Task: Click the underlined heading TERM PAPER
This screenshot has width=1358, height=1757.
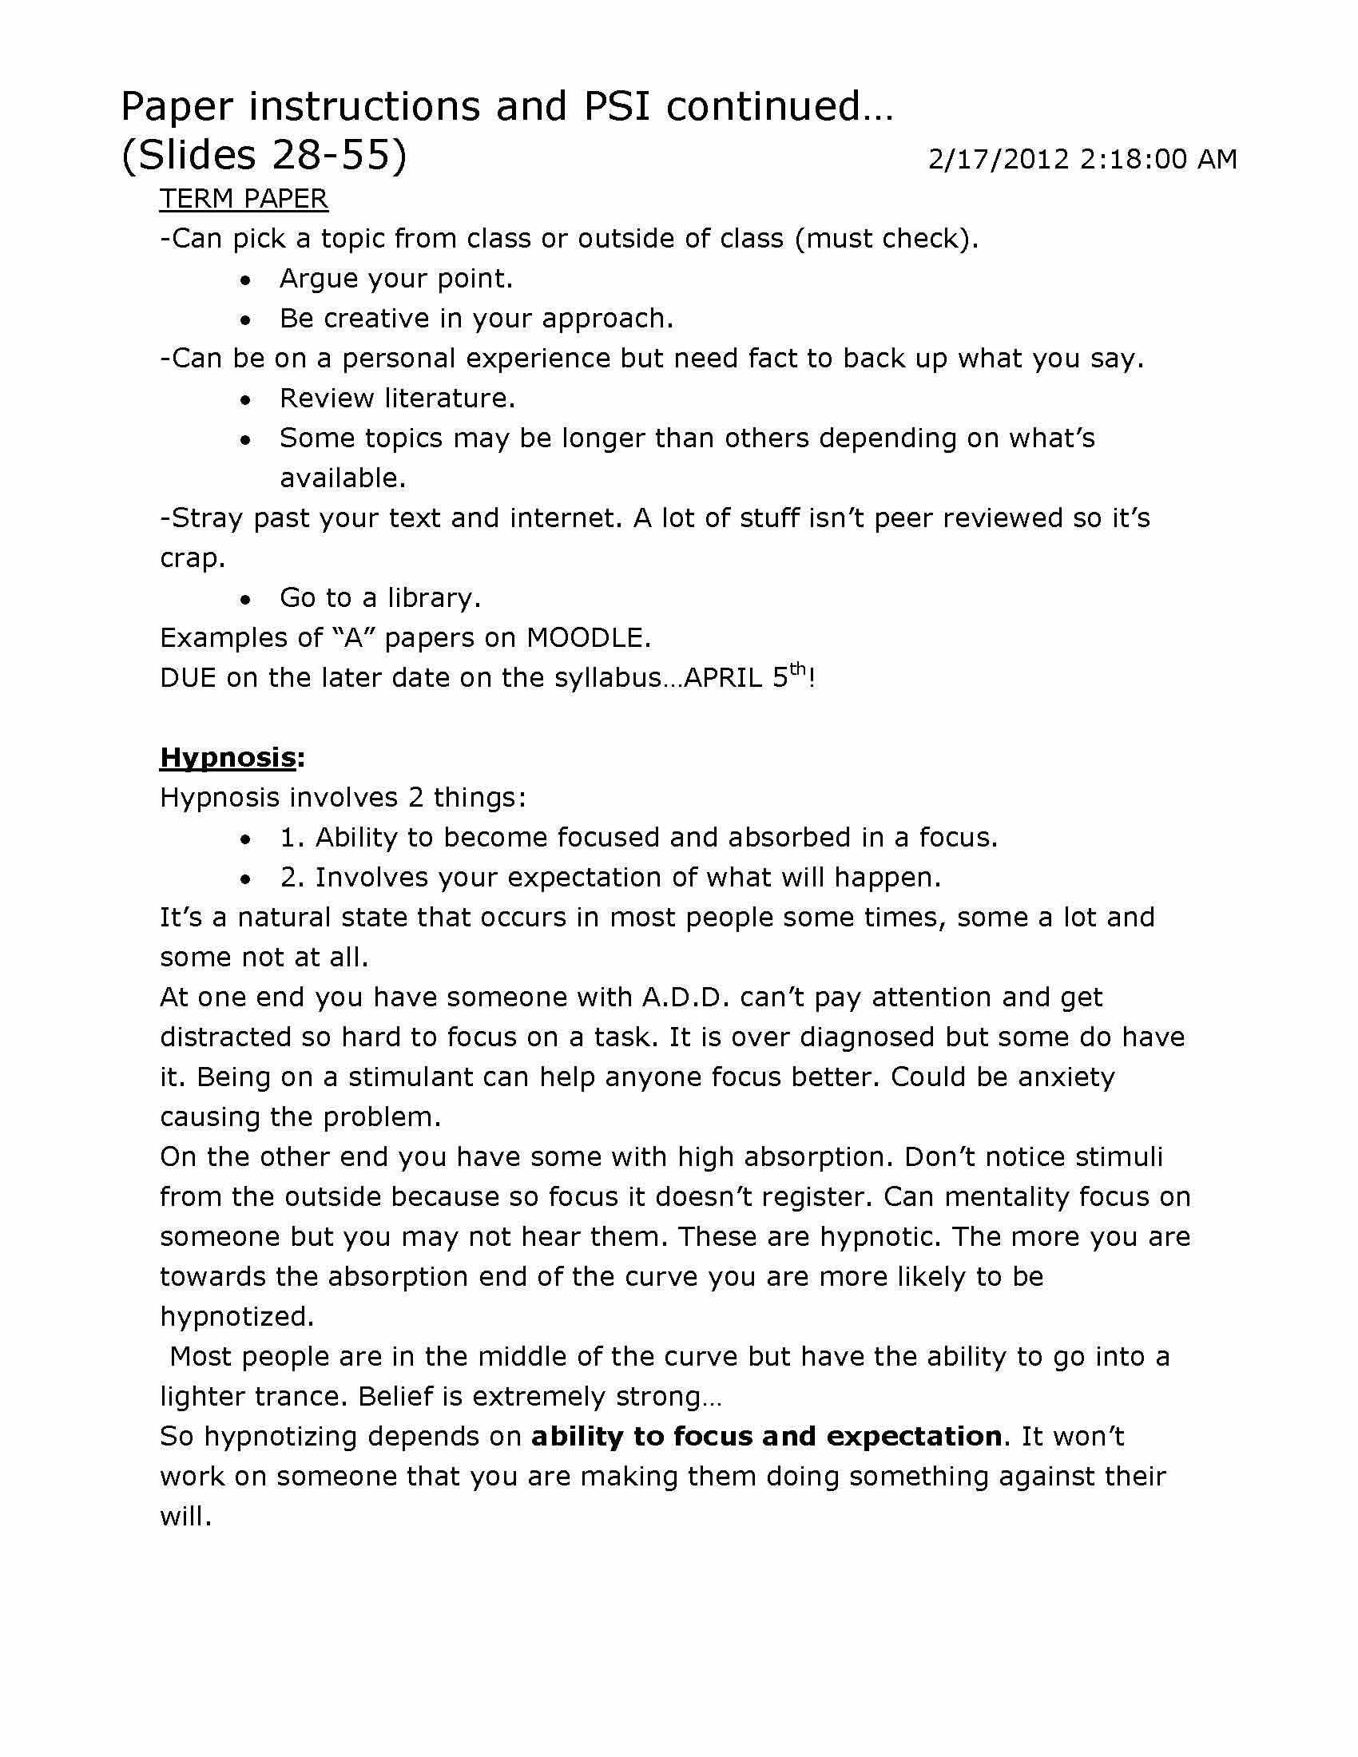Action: pos(244,199)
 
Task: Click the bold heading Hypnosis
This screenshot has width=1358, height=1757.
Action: pos(228,757)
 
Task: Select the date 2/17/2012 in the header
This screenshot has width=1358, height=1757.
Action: pos(999,159)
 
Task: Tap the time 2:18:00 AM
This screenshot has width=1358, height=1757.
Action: pos(1157,159)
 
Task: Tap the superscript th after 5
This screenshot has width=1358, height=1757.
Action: pos(797,669)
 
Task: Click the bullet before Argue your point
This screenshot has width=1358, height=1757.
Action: pos(246,280)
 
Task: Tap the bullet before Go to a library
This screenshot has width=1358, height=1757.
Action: pos(246,599)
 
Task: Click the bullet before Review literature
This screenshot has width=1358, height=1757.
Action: pos(246,400)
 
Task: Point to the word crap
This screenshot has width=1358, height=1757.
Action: pos(193,558)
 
